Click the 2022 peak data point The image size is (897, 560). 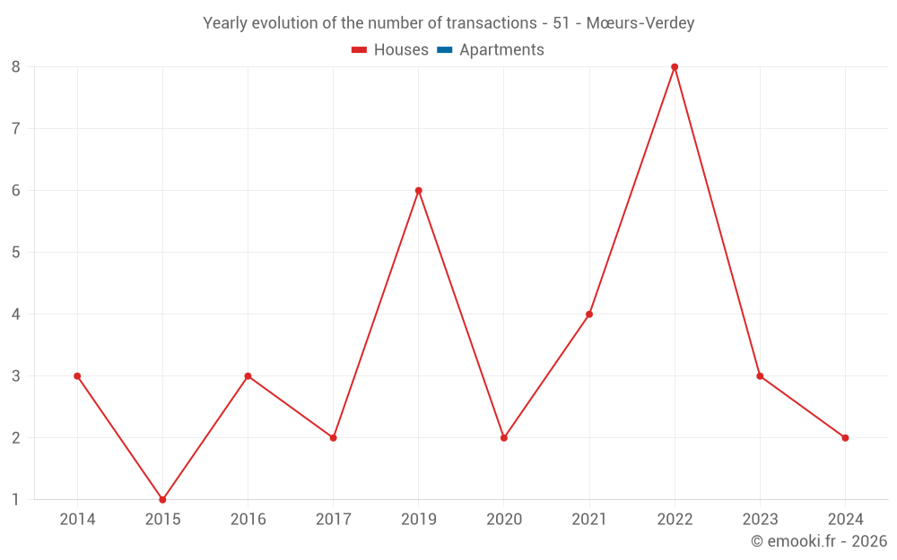pyautogui.click(x=675, y=66)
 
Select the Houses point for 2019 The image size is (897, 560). pyautogui.click(x=418, y=190)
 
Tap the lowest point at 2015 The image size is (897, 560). pyautogui.click(x=162, y=499)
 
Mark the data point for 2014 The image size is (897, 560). pyautogui.click(x=77, y=375)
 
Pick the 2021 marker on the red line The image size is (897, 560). pyautogui.click(x=589, y=314)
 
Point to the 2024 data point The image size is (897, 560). pyautogui.click(x=845, y=437)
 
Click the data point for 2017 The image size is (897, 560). pyautogui.click(x=333, y=437)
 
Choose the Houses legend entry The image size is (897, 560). pyautogui.click(x=390, y=50)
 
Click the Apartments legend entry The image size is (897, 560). pyautogui.click(x=501, y=50)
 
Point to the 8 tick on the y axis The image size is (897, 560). pyautogui.click(x=16, y=66)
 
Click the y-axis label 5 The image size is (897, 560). pyautogui.click(x=16, y=252)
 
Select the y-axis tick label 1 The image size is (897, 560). pyautogui.click(x=16, y=499)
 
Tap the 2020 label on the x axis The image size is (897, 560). pyautogui.click(x=503, y=519)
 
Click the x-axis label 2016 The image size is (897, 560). pyautogui.click(x=248, y=519)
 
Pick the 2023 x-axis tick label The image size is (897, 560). pyautogui.click(x=760, y=519)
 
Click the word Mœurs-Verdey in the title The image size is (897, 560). pyautogui.click(x=640, y=22)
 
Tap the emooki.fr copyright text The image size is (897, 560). pyautogui.click(x=819, y=541)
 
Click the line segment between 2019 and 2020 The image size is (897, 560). pyautogui.click(x=461, y=314)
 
